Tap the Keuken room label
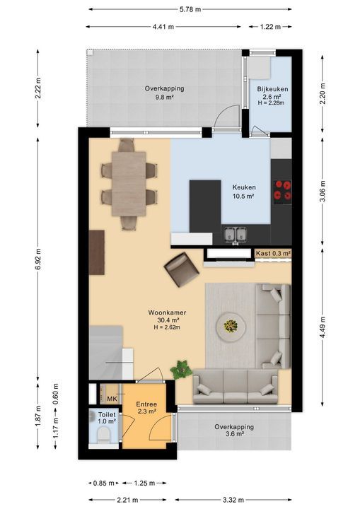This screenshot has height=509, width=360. [244, 187]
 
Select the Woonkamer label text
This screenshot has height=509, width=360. [167, 312]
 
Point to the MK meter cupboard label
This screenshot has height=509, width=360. [112, 399]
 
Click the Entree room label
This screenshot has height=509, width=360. [146, 404]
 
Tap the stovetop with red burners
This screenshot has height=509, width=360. [282, 190]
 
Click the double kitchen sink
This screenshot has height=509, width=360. [236, 235]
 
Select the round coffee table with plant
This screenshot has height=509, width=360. [231, 327]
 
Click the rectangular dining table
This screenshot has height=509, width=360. [129, 184]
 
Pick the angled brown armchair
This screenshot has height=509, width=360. [182, 269]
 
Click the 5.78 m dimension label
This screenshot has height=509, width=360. [190, 9]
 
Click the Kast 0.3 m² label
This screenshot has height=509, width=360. [273, 253]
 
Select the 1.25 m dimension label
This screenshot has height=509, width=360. [144, 484]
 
